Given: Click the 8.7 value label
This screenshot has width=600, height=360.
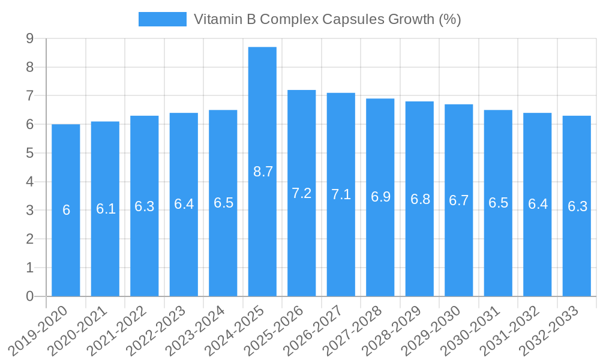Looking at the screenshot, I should tap(263, 172).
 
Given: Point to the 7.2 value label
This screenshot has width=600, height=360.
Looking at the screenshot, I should tap(302, 193).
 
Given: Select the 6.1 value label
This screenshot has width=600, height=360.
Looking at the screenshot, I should tap(106, 209).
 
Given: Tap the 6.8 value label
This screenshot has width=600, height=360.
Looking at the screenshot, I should tap(420, 199).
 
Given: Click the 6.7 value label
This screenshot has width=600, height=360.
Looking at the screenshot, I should tap(459, 200).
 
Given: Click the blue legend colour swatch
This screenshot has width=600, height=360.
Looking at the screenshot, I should tap(162, 19).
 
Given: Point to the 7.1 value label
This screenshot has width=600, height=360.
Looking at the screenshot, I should tap(341, 194).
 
